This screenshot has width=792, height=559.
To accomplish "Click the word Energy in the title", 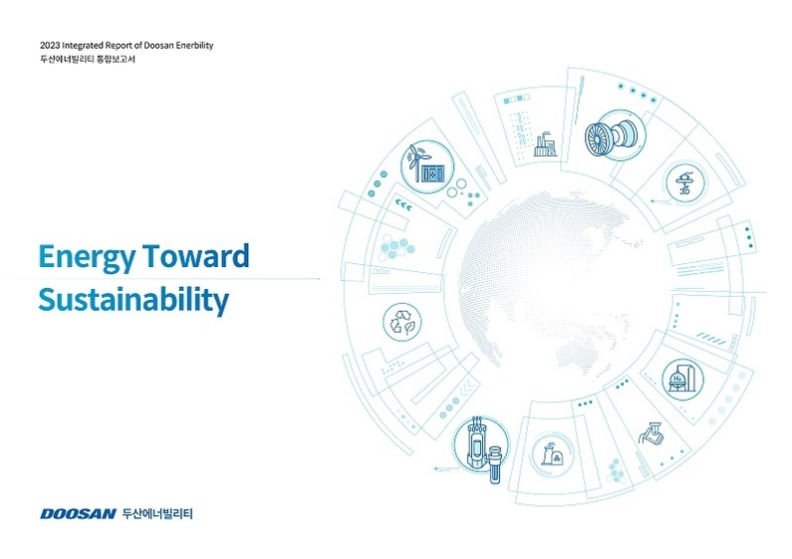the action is click(x=87, y=257).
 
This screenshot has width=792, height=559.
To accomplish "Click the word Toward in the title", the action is click(x=196, y=256).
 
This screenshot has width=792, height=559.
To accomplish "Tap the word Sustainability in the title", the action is click(x=133, y=300).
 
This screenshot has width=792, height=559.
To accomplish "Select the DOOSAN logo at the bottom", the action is click(x=78, y=514).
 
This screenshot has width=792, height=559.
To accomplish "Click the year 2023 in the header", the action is click(x=50, y=46).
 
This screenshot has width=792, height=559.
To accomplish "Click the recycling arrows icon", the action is click(x=402, y=322).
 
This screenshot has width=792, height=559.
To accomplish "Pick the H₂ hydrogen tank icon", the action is click(x=682, y=379).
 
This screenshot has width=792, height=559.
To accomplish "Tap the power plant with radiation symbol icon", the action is click(x=552, y=453).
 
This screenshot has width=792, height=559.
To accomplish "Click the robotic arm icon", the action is click(x=652, y=432).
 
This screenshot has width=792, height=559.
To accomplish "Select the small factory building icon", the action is click(x=546, y=144).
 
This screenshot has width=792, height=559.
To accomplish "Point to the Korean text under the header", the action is click(x=88, y=59).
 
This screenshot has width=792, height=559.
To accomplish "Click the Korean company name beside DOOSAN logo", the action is click(x=157, y=514).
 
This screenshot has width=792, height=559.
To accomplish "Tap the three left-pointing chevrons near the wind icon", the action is click(x=403, y=205).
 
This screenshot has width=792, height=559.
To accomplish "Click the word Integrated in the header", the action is click(x=83, y=46).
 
